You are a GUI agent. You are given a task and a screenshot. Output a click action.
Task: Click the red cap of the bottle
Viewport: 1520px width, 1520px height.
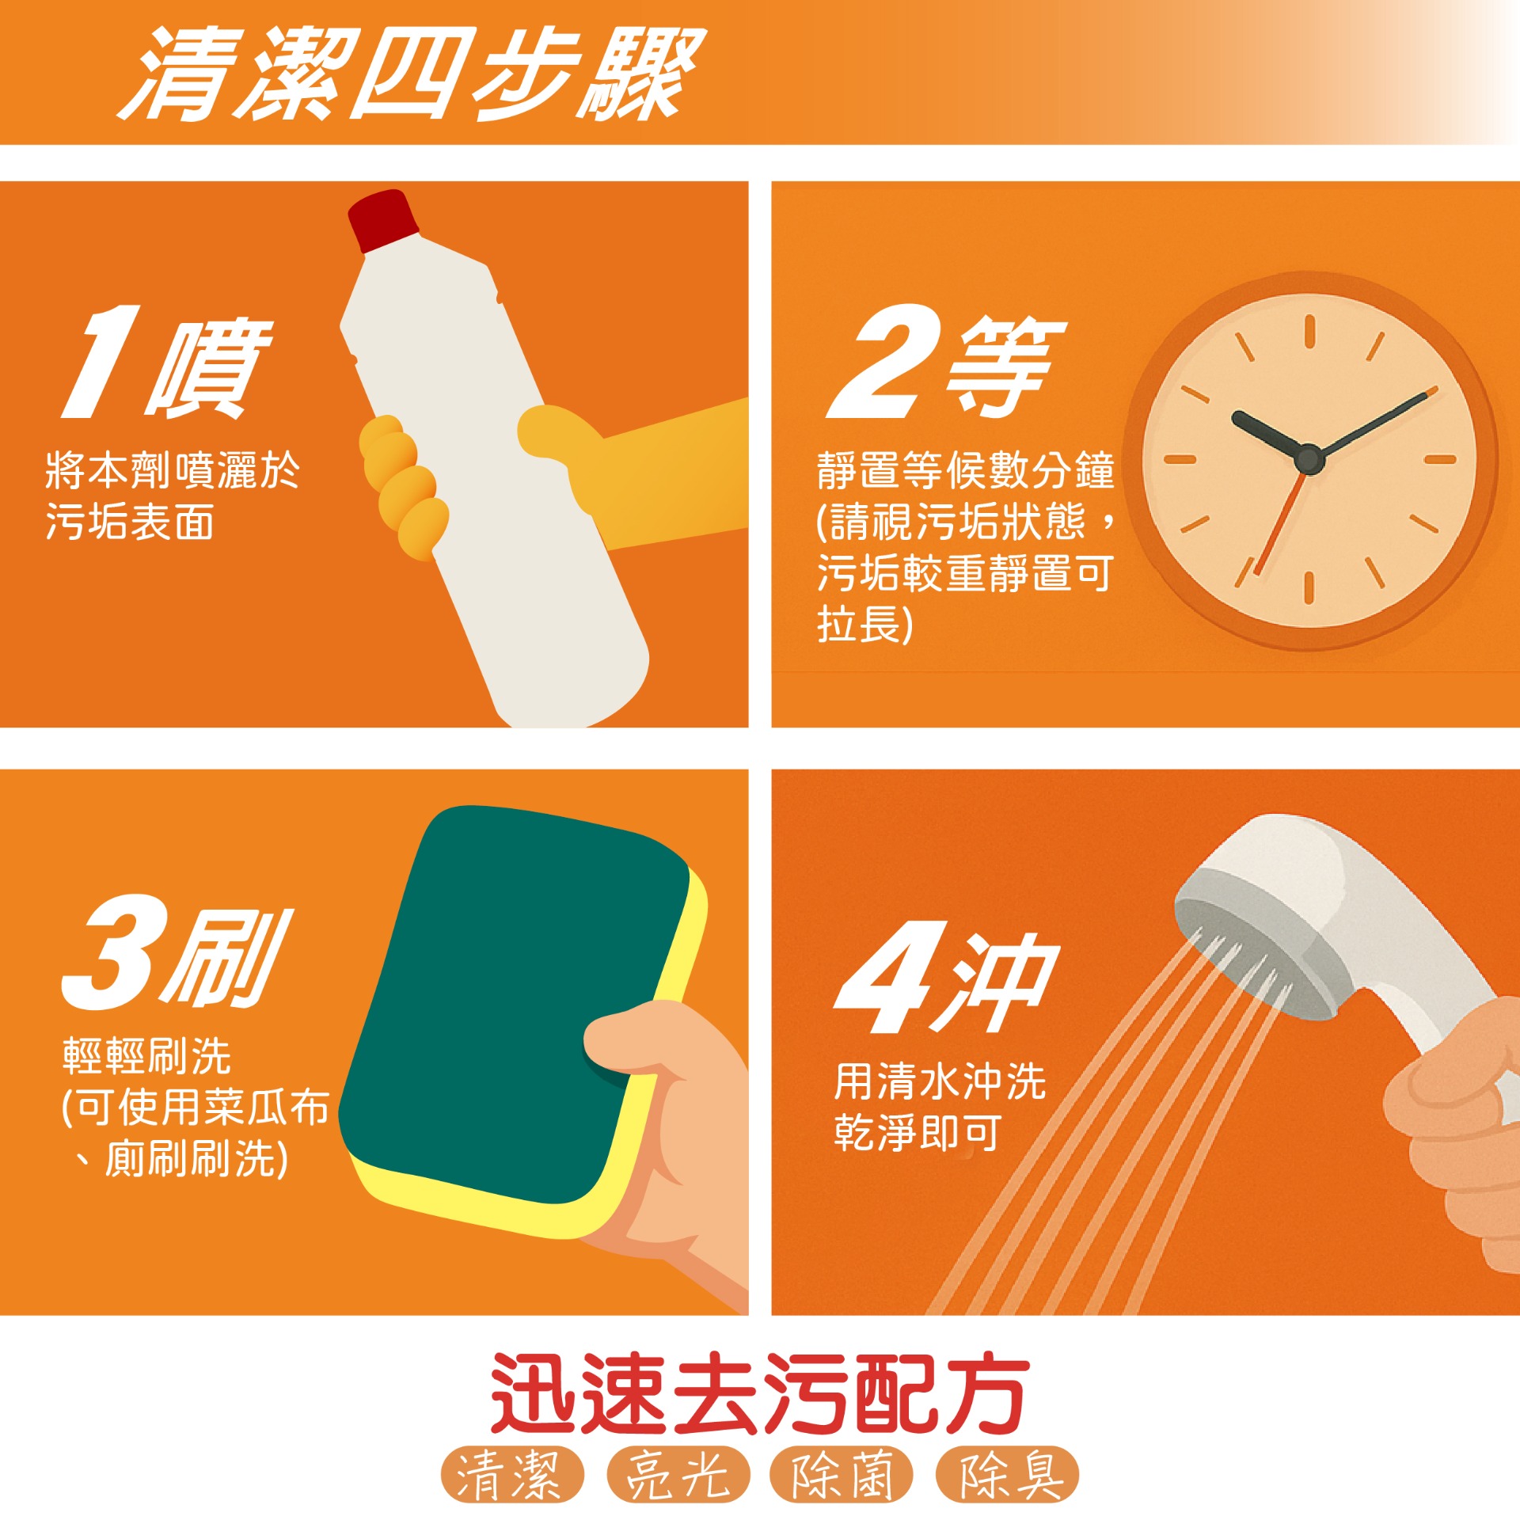384,220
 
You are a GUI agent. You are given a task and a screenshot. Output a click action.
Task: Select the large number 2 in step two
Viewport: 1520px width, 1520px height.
884,361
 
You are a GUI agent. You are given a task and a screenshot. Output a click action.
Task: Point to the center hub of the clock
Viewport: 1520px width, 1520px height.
1309,459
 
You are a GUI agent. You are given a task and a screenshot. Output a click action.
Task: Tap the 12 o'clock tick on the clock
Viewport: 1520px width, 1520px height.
1309,331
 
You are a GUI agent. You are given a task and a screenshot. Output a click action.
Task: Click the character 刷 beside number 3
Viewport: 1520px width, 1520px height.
230,958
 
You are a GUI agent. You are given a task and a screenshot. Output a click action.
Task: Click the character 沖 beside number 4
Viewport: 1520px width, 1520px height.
997,982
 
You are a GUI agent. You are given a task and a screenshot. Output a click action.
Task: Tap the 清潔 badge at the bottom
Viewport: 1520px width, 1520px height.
512,1474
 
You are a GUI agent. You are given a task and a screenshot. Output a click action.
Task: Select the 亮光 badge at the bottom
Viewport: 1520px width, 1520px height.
678,1474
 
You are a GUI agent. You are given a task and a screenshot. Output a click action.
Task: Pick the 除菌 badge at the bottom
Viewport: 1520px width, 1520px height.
842,1474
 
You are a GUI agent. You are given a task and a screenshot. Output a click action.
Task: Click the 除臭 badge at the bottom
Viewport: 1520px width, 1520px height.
1008,1474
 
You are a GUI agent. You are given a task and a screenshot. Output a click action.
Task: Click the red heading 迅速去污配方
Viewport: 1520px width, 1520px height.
760,1392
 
